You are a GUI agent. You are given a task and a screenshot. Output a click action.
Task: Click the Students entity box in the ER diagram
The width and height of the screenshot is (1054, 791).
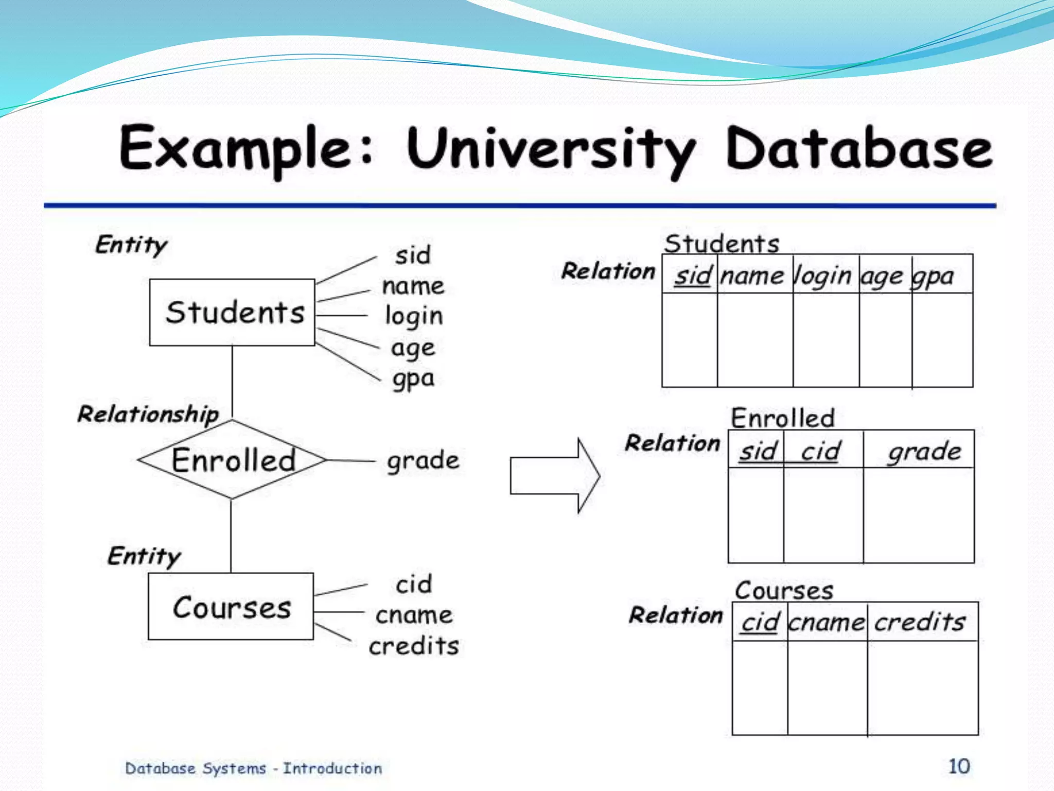pyautogui.click(x=232, y=312)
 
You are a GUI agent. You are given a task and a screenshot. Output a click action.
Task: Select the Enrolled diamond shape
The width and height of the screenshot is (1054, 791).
pyautogui.click(x=233, y=459)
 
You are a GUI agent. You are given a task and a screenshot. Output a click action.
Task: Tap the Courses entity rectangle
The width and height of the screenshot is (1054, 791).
pyautogui.click(x=231, y=606)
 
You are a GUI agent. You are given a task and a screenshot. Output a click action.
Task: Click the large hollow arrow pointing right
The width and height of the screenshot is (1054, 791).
pyautogui.click(x=555, y=476)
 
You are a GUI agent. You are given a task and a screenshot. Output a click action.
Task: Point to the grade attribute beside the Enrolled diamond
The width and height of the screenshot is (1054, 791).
pyautogui.click(x=423, y=460)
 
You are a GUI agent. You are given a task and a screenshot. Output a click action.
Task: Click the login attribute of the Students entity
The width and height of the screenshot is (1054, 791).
pyautogui.click(x=414, y=316)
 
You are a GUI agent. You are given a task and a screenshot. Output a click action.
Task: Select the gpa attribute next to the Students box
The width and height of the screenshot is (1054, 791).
pyautogui.click(x=413, y=379)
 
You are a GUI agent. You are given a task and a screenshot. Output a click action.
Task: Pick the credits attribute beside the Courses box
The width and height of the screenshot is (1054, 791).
pyautogui.click(x=414, y=645)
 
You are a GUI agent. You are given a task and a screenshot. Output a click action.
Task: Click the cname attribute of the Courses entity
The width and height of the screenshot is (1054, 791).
pyautogui.click(x=414, y=615)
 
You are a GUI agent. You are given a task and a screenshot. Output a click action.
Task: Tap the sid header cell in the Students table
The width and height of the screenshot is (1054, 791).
pyautogui.click(x=693, y=276)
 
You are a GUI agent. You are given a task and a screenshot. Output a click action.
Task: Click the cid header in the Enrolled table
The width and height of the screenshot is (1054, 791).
pyautogui.click(x=821, y=451)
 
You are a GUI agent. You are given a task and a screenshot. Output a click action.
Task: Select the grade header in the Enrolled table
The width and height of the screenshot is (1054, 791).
pyautogui.click(x=924, y=452)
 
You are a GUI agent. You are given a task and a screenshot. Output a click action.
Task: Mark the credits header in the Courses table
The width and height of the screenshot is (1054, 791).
pyautogui.click(x=920, y=622)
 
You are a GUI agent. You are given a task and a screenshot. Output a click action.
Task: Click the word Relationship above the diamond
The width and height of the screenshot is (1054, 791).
pyautogui.click(x=148, y=414)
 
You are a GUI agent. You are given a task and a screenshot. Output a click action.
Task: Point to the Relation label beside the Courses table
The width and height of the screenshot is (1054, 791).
pyautogui.click(x=676, y=615)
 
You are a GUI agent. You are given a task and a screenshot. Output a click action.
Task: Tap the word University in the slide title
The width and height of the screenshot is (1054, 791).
pyautogui.click(x=551, y=149)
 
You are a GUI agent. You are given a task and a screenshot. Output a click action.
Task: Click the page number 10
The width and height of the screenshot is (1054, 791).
pyautogui.click(x=959, y=766)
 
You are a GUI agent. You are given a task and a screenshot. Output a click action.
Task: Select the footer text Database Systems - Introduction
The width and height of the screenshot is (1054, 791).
pyautogui.click(x=253, y=768)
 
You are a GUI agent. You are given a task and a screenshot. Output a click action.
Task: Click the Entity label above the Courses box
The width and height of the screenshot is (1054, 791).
pyautogui.click(x=144, y=556)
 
